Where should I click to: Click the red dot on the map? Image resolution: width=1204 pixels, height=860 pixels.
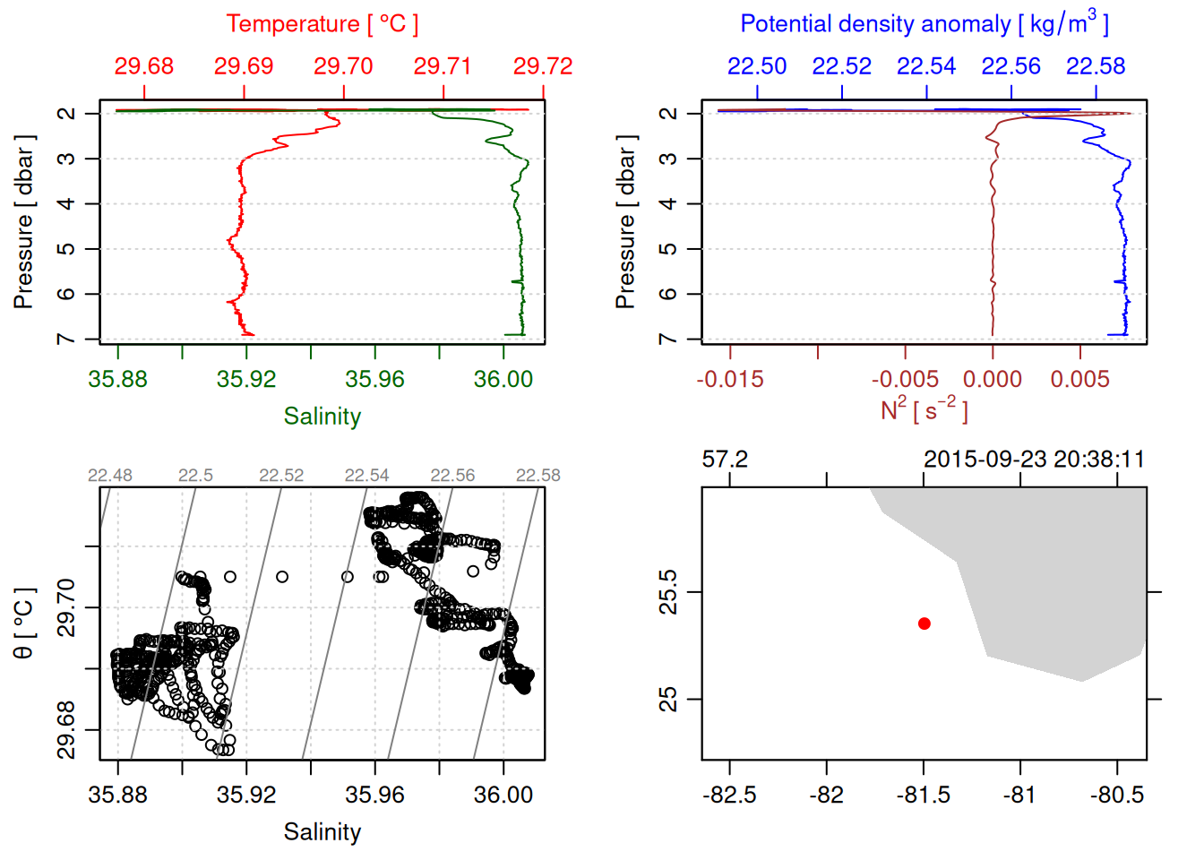pos(924,623)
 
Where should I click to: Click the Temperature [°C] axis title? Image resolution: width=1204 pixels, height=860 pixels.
pos(322,24)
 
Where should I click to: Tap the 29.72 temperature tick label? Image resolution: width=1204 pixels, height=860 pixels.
pos(542,66)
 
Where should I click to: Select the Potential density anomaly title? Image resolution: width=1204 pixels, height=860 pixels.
pos(924,24)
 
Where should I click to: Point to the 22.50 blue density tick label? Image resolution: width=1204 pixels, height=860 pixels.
pos(757,66)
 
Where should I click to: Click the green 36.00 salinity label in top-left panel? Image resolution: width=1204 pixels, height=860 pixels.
pos(503,379)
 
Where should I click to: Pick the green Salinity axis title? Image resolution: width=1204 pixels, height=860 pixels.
pos(322,417)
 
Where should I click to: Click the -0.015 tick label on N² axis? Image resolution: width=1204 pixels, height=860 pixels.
pos(730,379)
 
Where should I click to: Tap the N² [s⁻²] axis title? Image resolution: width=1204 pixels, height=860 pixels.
pos(924,409)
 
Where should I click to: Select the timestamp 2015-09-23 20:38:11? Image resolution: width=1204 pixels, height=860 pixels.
pos(1034,460)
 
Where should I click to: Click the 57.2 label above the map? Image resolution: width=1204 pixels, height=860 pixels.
pos(724,460)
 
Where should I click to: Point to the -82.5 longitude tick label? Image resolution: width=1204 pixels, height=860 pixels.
pos(729,795)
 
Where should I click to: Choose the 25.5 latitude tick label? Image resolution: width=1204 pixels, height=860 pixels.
pos(668,592)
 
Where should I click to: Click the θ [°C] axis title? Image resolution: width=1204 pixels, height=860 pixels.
pos(23,623)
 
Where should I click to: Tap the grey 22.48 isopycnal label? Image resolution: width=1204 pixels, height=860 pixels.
pos(110,476)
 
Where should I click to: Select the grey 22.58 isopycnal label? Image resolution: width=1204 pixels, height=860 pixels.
pos(537,476)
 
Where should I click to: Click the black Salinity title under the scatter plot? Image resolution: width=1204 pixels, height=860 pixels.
pos(322,832)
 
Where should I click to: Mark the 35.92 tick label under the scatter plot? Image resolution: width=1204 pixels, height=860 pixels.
pos(246,795)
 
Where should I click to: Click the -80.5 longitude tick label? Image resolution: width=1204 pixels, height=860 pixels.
pos(1117,795)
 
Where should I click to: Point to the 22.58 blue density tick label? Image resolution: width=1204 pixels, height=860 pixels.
pos(1096,66)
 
